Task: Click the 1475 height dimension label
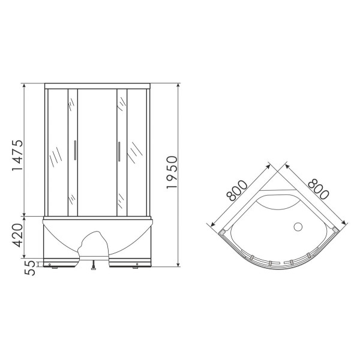coord(17,155)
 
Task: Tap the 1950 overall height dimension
coord(172,172)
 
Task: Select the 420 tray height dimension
coord(17,235)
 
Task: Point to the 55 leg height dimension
coord(30,268)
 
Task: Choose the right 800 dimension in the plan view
coord(319,190)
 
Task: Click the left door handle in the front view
coord(75,150)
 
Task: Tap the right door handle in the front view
coord(119,151)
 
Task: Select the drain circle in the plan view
coord(298,227)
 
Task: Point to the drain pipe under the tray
coord(94,265)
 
